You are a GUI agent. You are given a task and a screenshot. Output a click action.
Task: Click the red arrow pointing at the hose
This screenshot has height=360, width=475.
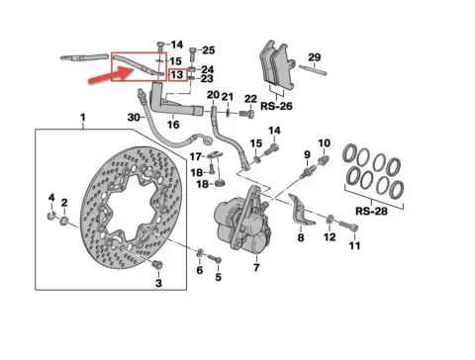(x=111, y=75)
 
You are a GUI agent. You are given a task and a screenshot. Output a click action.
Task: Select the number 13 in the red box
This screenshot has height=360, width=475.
(x=177, y=75)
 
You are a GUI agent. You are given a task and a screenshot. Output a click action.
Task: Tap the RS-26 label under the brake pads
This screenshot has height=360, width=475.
(x=276, y=106)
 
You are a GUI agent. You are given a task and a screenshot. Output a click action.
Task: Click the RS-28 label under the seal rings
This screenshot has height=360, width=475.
(x=371, y=211)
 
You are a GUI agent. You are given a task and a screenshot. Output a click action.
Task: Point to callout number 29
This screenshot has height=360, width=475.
(x=315, y=57)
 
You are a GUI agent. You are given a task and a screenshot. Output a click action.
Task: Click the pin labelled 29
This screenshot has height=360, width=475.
(x=313, y=70)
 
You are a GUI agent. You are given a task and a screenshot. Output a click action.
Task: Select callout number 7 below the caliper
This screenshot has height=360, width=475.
(x=256, y=267)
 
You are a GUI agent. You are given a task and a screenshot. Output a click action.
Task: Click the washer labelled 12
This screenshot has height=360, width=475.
(x=330, y=220)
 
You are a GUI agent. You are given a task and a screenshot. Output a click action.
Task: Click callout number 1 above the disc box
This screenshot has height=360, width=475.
(x=83, y=117)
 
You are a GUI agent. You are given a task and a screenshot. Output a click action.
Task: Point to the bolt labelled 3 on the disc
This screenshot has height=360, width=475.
(x=157, y=264)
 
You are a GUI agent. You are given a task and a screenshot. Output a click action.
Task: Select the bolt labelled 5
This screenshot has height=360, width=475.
(x=214, y=259)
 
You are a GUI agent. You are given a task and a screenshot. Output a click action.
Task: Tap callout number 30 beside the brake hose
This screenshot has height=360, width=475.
(x=134, y=117)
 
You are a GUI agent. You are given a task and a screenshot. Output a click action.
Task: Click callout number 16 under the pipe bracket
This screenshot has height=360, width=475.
(x=173, y=125)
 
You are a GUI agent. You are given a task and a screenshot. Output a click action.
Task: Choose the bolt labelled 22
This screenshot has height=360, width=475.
(x=246, y=114)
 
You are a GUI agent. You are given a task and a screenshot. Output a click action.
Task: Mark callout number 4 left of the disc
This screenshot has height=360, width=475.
(x=51, y=198)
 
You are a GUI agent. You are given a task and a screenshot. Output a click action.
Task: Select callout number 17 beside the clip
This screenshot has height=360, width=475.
(x=195, y=156)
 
